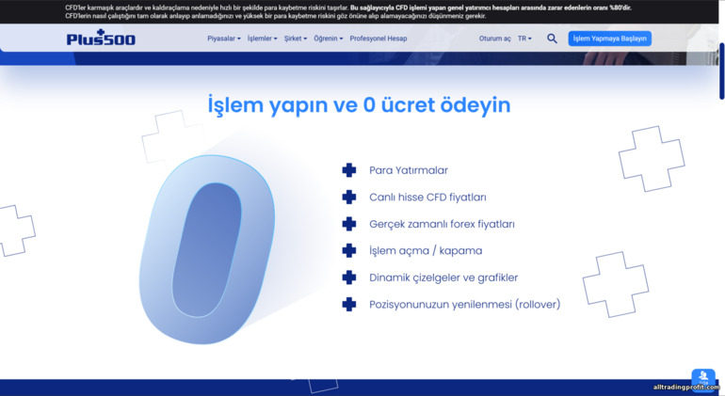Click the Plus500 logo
tap(101, 39)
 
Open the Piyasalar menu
tap(224, 39)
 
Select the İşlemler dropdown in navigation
tap(262, 39)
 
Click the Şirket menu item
tap(297, 39)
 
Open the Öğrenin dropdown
tap(328, 39)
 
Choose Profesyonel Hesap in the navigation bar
tap(379, 39)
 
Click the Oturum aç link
tap(494, 39)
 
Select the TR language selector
tap(524, 39)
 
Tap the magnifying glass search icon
tap(552, 39)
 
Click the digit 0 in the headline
tap(370, 105)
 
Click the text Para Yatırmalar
tap(409, 170)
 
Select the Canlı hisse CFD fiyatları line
tap(427, 198)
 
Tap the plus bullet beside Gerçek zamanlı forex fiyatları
tap(349, 224)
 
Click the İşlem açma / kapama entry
tap(426, 251)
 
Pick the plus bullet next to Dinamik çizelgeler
tap(349, 277)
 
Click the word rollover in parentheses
tap(538, 305)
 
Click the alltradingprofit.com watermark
tap(685, 388)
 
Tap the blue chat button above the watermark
tap(703, 374)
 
